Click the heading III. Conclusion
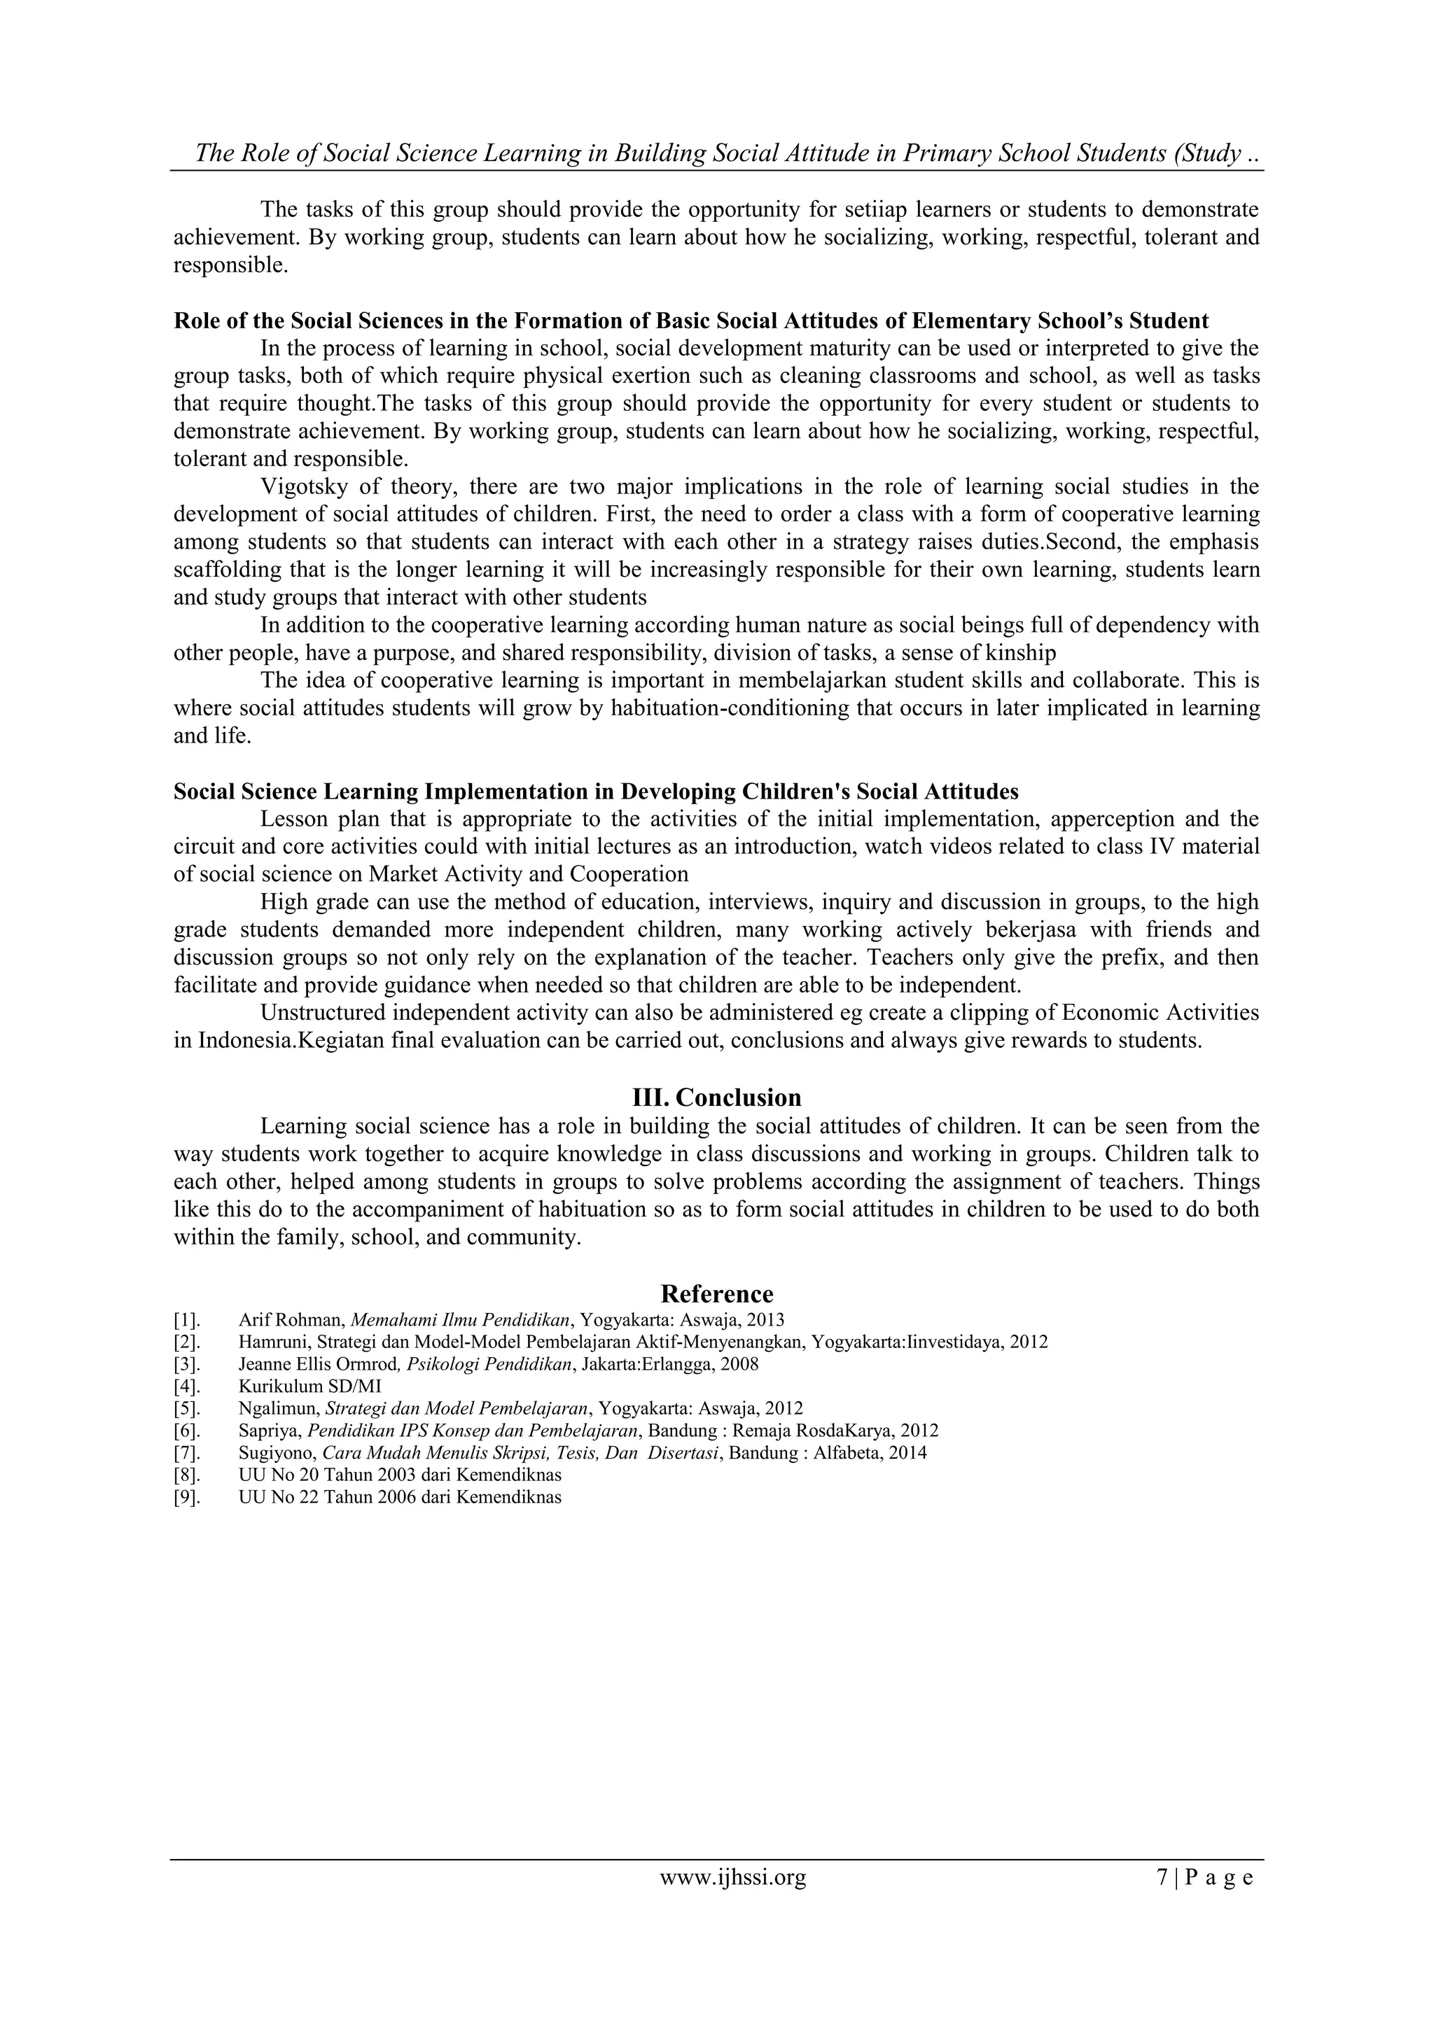pos(716,1097)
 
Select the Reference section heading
pos(716,1293)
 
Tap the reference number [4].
pos(186,1386)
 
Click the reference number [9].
pos(186,1496)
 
